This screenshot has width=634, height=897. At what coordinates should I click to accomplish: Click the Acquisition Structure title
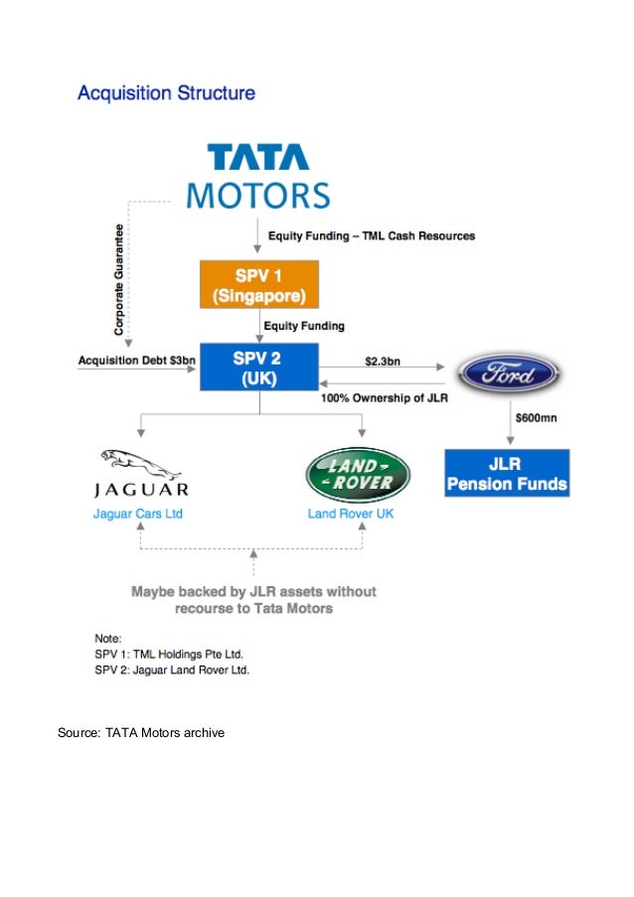point(166,94)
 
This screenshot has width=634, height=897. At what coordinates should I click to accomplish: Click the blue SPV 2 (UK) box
point(258,367)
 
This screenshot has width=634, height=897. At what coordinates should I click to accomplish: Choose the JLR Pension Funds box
point(507,474)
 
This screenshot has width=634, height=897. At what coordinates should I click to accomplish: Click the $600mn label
point(538,417)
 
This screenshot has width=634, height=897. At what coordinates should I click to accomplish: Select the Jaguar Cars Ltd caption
point(138,514)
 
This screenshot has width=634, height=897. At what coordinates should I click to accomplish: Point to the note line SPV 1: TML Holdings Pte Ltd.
point(169,655)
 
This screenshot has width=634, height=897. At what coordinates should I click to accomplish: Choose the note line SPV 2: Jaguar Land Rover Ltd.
point(172,670)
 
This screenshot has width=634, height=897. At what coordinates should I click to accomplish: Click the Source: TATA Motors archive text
point(141,733)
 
